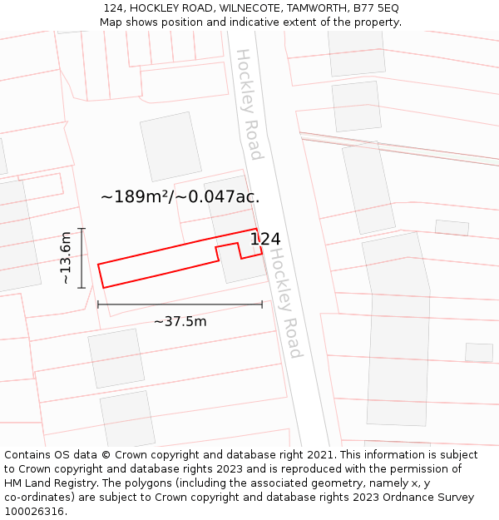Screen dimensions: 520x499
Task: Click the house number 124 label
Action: click(x=265, y=240)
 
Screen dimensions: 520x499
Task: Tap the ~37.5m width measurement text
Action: click(x=180, y=321)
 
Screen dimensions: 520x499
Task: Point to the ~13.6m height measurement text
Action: click(x=66, y=258)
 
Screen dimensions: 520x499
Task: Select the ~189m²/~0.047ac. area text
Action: click(x=180, y=197)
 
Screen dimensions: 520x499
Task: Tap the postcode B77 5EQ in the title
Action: click(x=376, y=7)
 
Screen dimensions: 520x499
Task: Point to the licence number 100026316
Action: click(x=36, y=512)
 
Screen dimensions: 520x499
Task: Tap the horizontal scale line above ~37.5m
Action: click(x=180, y=305)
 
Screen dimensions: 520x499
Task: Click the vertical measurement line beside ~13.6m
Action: click(x=82, y=258)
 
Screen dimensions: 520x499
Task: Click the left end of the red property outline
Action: click(x=101, y=275)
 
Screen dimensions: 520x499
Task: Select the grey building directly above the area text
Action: click(x=170, y=146)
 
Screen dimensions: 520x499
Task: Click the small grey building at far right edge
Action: click(x=479, y=352)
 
